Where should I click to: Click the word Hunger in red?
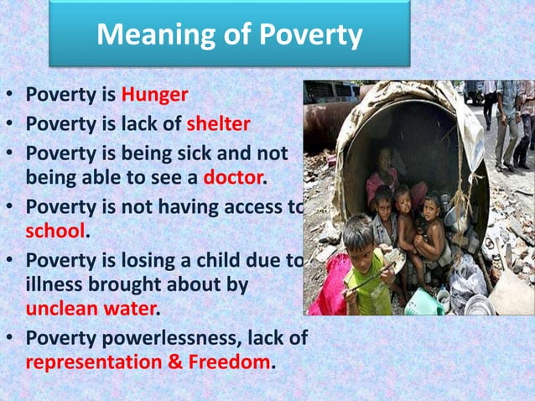152,93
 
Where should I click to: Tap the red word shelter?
217,125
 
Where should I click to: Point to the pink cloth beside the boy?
329,285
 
